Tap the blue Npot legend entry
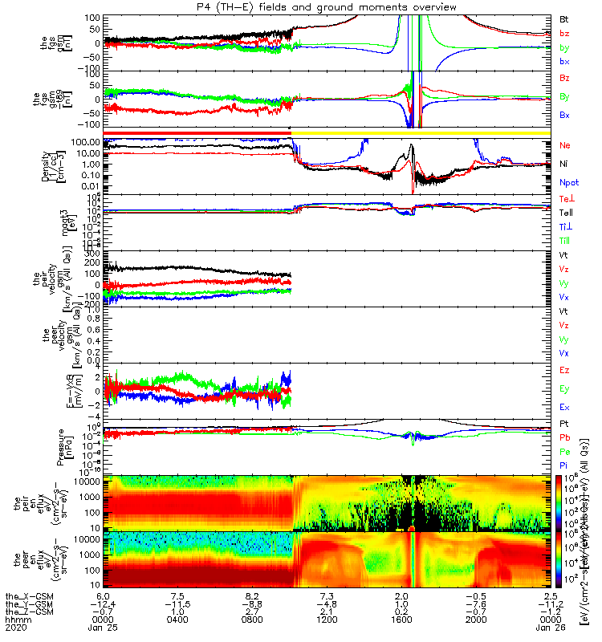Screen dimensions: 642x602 pos(566,183)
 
